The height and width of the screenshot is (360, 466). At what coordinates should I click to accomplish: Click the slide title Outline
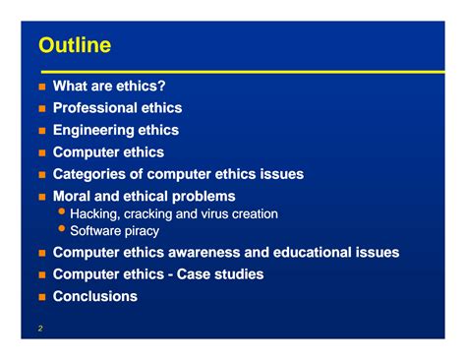point(74,45)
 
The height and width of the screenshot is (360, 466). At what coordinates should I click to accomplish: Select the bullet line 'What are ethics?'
point(108,86)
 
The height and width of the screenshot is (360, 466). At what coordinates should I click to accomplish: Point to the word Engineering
point(91,130)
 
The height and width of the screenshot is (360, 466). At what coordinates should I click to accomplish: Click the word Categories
point(90,174)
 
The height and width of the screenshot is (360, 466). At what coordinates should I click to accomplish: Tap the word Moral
point(73,196)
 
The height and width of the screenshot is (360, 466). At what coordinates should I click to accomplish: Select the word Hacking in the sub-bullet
point(94,213)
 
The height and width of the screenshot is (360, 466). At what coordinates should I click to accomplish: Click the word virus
point(222,213)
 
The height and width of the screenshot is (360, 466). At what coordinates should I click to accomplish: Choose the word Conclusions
point(94,296)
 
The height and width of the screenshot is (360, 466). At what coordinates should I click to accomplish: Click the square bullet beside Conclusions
point(41,297)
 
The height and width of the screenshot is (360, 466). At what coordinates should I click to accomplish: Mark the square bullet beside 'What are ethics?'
point(41,87)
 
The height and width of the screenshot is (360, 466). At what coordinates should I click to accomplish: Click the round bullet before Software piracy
point(62,230)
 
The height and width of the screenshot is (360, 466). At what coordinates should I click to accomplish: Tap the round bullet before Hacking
point(62,212)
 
